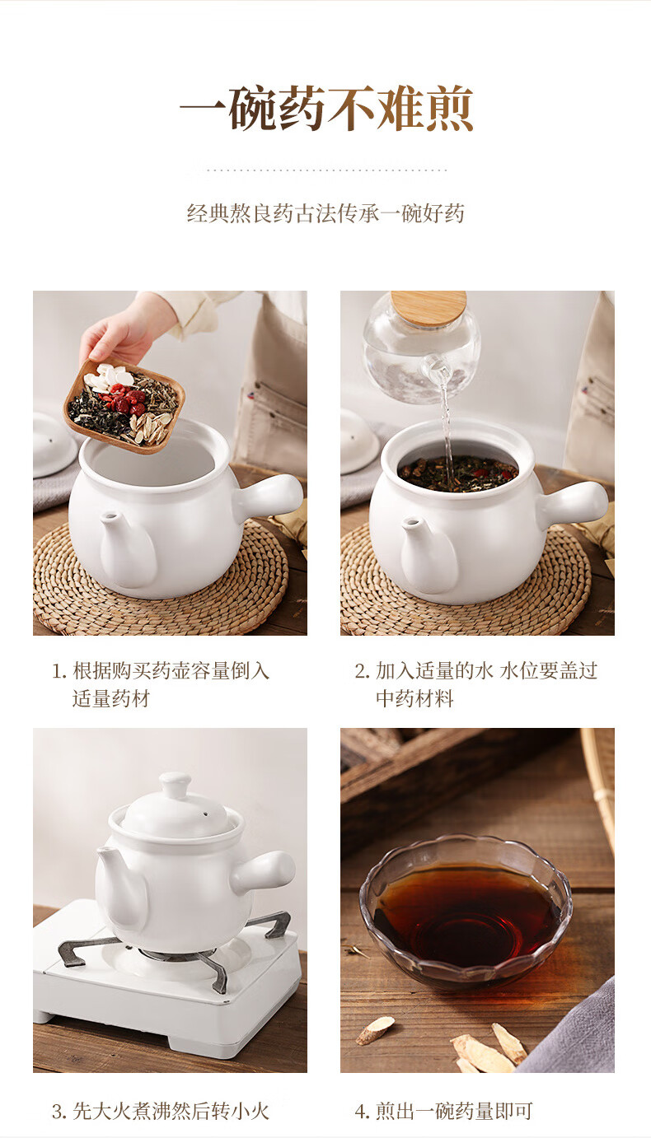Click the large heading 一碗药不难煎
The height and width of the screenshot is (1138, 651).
pos(326,108)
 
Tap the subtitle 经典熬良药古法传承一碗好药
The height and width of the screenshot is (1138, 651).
pos(325,213)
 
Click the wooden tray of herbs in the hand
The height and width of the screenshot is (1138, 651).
pos(124,405)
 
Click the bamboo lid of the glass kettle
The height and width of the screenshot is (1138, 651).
pos(429,307)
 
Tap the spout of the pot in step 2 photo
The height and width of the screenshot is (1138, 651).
pos(427,553)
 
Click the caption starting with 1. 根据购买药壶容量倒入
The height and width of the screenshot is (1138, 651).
pos(160,684)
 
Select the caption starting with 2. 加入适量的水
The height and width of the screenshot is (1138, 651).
pos(475,684)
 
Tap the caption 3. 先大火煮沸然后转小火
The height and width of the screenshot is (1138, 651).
pos(160,1111)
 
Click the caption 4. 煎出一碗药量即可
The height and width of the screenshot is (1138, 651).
pos(443,1111)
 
